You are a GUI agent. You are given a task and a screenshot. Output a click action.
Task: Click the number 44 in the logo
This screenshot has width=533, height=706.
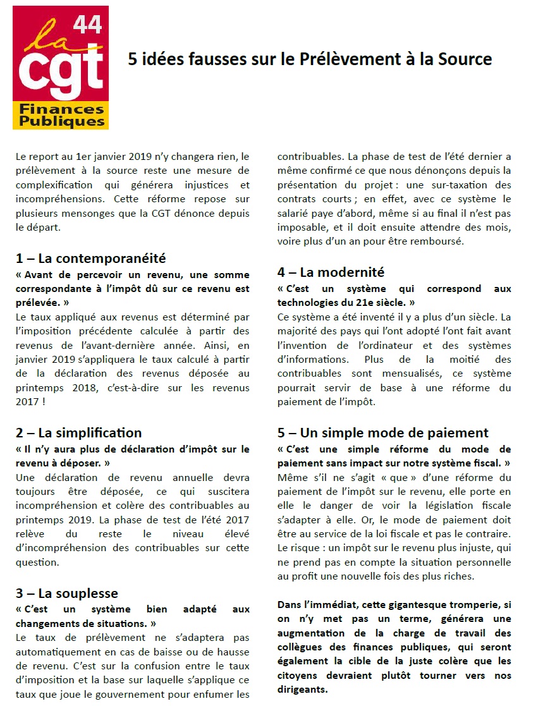pyautogui.click(x=88, y=24)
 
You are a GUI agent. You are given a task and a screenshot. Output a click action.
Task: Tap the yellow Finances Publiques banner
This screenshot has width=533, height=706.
pyautogui.click(x=61, y=115)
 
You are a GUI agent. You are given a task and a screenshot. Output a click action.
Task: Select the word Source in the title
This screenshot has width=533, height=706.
pyautogui.click(x=463, y=59)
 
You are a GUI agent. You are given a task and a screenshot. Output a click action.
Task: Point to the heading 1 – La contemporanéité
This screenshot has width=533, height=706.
pyautogui.click(x=90, y=258)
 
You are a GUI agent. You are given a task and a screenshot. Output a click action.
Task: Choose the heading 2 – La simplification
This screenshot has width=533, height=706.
pyautogui.click(x=79, y=433)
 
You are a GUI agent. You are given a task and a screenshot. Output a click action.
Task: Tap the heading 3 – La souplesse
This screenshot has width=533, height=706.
pyautogui.click(x=66, y=593)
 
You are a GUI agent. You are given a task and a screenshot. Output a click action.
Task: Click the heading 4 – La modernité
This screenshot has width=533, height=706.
pyautogui.click(x=331, y=272)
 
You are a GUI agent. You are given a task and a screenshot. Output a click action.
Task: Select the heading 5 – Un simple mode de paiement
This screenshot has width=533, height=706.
pyautogui.click(x=383, y=433)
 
